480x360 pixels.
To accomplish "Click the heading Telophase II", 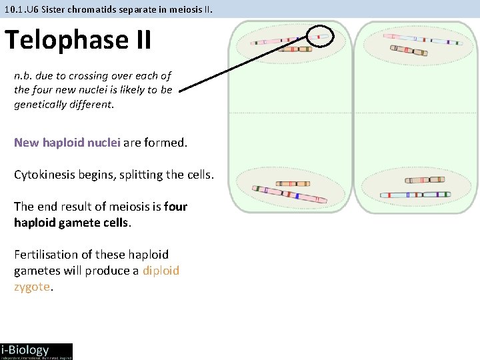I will pos(78,40).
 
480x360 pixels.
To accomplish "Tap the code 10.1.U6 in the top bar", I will pos(20,9).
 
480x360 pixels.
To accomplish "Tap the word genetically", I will pos(42,105).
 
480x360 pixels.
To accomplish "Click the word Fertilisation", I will pos(44,255).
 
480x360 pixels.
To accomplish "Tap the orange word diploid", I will pos(161,271).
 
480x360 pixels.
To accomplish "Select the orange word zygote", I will pos(32,287).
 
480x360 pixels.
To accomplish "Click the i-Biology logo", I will pos(36,351).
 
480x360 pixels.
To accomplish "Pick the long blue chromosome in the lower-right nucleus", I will pos(415,195).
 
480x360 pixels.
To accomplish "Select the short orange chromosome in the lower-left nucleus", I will pos(293,183).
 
